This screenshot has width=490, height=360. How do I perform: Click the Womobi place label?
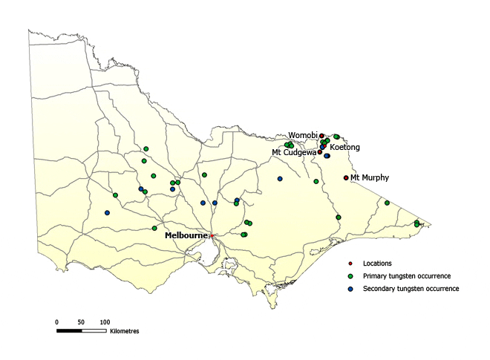pos(303,135)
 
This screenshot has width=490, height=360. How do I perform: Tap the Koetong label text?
pos(344,148)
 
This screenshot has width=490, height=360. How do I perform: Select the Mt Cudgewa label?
pos(294,152)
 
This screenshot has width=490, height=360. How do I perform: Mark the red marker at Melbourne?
pos(212,236)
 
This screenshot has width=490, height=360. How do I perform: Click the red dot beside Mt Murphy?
pos(346,178)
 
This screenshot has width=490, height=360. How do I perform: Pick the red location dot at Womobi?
pos(321,136)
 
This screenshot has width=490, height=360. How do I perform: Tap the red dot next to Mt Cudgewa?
pos(320,152)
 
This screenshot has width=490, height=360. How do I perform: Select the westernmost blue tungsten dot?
pos(107,213)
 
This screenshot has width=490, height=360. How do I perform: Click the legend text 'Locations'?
pos(377,264)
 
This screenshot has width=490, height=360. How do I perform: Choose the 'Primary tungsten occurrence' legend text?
pos(406,276)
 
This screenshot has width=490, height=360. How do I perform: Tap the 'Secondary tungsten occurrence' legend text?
pos(411,288)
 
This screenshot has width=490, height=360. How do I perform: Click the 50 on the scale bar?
pos(81,322)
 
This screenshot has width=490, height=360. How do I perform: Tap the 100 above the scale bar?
pos(105,322)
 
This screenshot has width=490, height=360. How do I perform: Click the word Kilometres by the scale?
pos(124,330)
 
